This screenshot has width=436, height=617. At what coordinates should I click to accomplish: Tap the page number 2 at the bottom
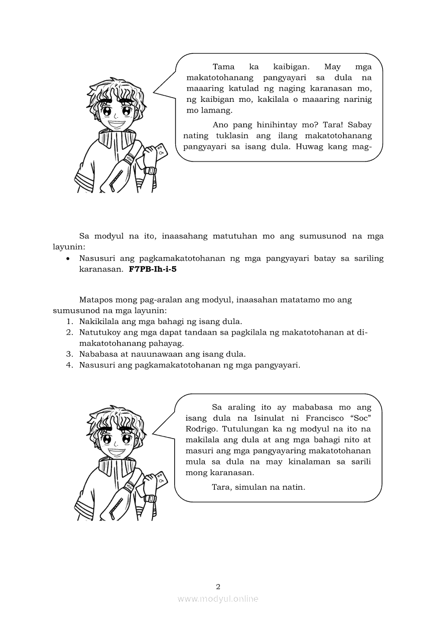pos(218,586)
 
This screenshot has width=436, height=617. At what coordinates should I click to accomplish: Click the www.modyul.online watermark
pos(218,599)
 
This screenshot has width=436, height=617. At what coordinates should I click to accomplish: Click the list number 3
pos(69,354)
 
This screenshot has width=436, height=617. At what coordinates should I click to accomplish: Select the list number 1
pos(69,321)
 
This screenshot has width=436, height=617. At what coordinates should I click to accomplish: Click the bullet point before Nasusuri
pos(69,259)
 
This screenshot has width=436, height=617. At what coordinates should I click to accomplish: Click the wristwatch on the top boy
pos(151,170)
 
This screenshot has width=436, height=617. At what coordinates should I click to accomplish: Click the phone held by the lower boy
pos(162,480)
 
